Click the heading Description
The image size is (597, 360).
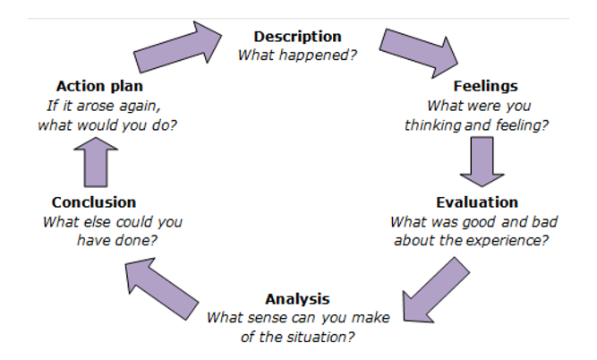tap(297, 37)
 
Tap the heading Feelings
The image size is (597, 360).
tap(485, 86)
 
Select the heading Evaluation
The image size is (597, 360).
tap(477, 202)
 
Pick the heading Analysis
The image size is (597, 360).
tap(297, 299)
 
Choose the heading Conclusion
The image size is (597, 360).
tap(94, 202)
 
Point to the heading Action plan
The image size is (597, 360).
tap(99, 86)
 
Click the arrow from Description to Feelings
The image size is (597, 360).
tap(419, 53)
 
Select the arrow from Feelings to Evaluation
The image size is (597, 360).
tap(482, 161)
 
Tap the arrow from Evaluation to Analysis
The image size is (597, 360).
tap(436, 290)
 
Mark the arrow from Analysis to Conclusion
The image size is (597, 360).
tap(161, 288)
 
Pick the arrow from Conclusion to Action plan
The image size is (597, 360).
tap(96, 162)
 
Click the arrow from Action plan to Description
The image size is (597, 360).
tap(178, 47)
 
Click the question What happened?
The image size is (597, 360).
tap(297, 56)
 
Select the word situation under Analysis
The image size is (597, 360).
tap(320, 337)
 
